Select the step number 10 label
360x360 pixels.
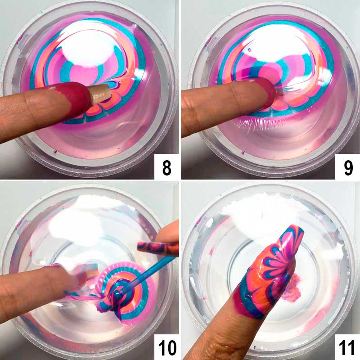pos(167,347)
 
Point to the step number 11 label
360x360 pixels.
pos(347,347)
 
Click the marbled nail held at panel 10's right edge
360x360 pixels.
pos(158,249)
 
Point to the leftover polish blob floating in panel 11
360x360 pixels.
pos(292,287)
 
